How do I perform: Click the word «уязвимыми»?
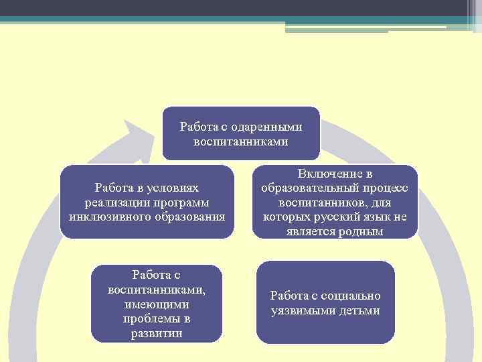point(301,310)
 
